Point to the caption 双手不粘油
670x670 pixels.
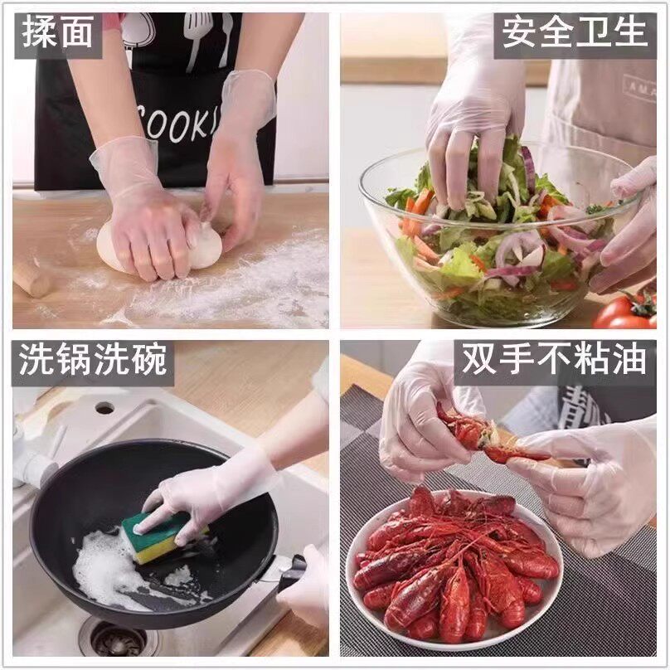554,361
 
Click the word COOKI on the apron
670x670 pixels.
179,122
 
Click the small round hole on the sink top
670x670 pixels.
104,407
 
